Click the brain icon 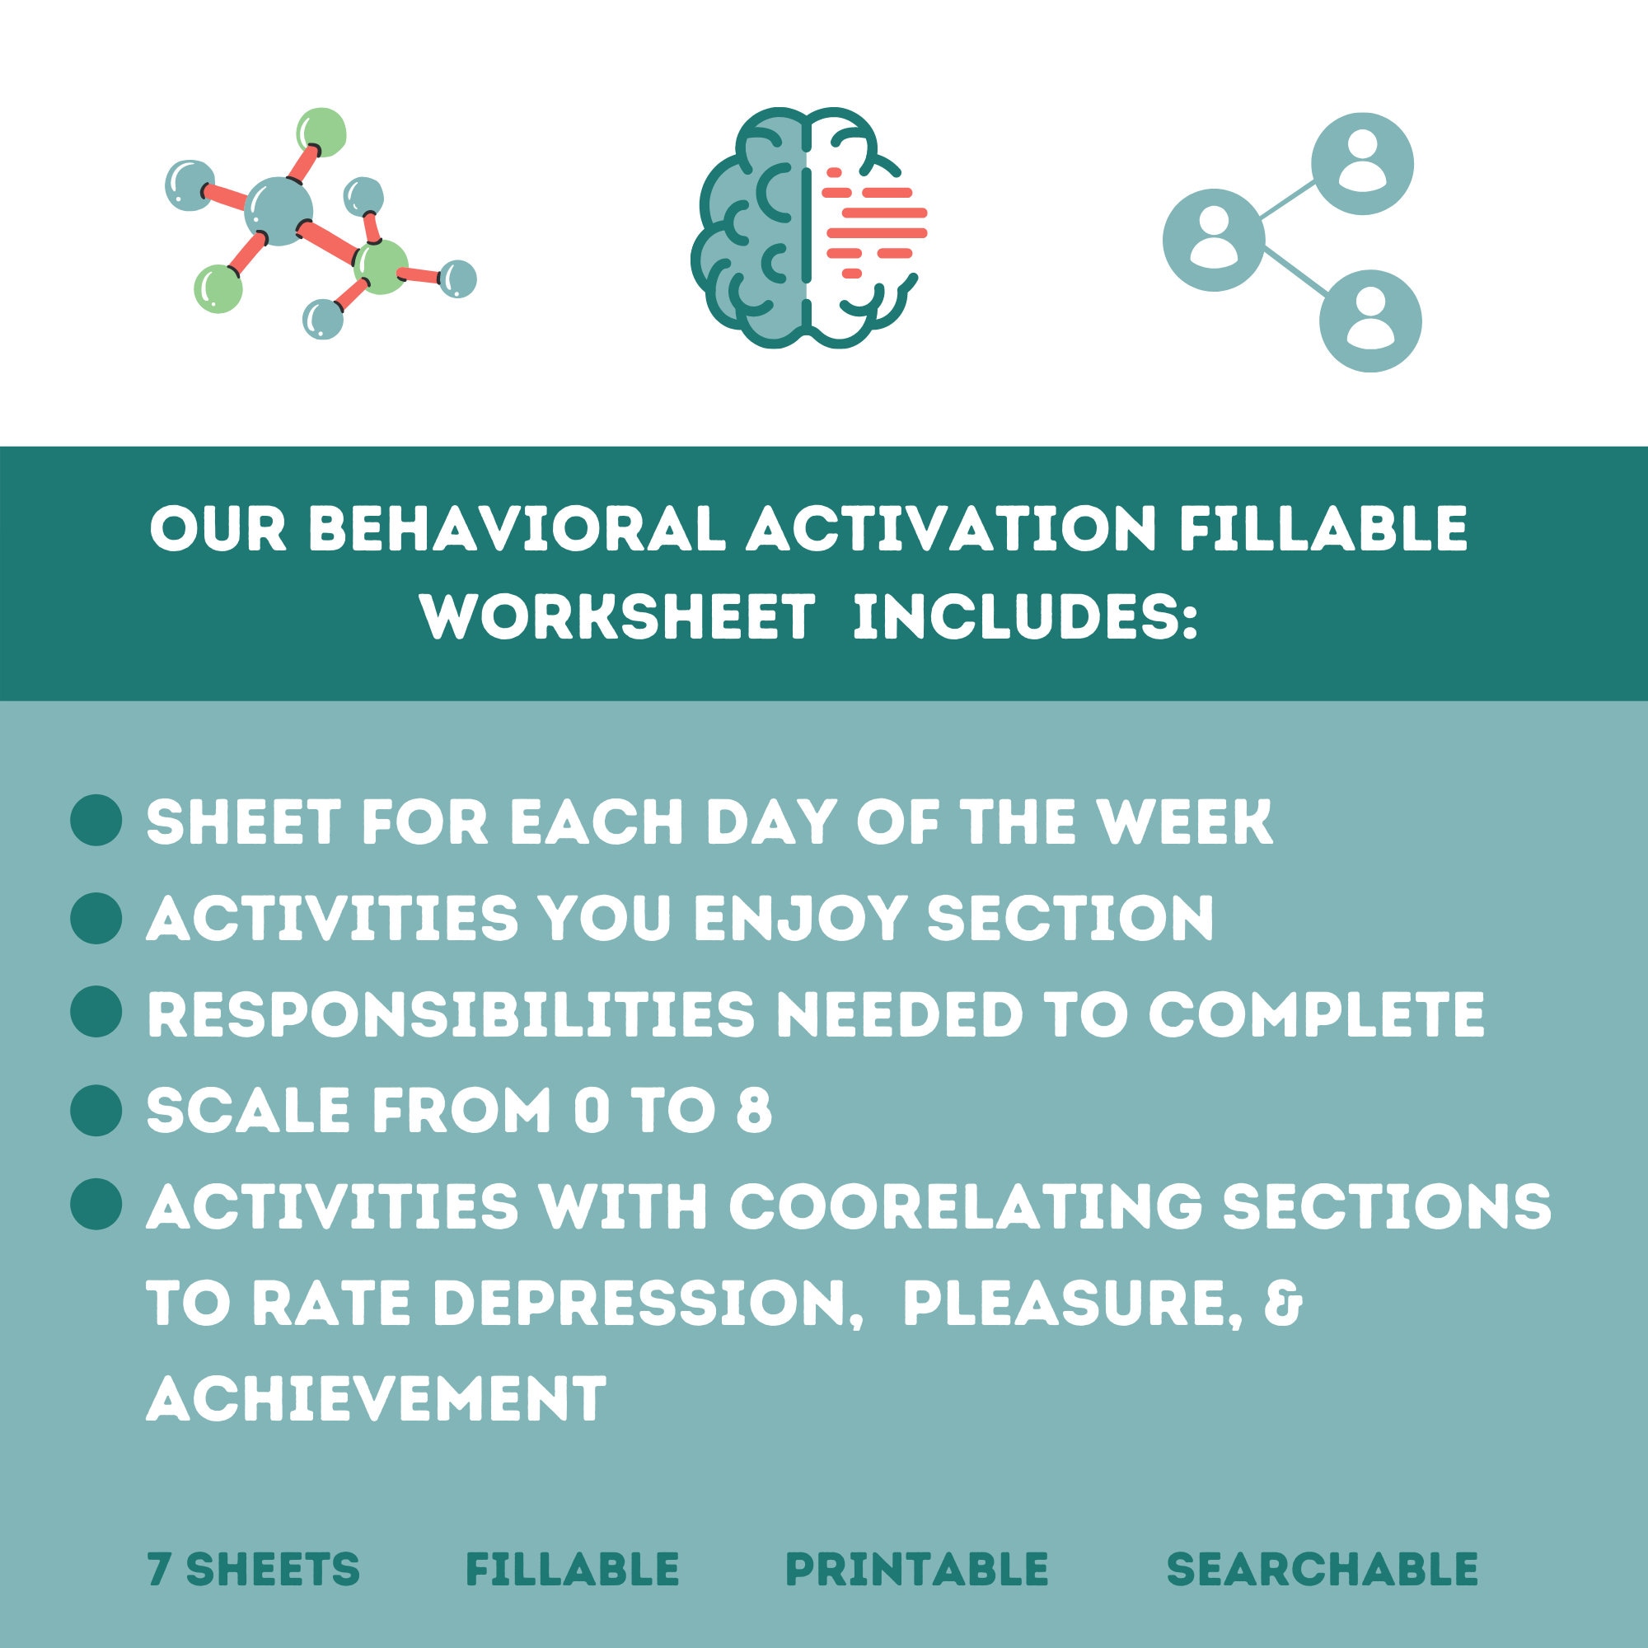pos(807,228)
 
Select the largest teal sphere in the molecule pos(278,211)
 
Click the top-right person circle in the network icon pos(1362,164)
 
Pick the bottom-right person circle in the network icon pos(1370,321)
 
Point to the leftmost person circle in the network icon pos(1213,240)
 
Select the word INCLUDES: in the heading pos(1025,616)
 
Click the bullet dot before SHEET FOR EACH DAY pos(96,821)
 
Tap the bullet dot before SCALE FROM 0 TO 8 pos(96,1110)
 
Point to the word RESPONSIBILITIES pos(451,1014)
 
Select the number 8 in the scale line pos(753,1111)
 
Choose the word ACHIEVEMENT pos(375,1399)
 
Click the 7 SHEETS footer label pos(253,1570)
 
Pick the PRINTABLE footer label pos(916,1570)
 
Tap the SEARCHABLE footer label pos(1322,1570)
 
